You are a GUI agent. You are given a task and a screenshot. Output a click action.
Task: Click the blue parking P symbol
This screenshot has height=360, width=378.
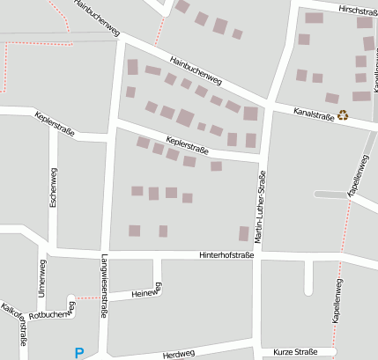(79, 353)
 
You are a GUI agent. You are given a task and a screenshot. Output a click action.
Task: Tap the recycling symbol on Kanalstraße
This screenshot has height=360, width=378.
(343, 114)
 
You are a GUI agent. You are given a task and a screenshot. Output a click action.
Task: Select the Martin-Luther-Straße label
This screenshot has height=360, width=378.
(260, 208)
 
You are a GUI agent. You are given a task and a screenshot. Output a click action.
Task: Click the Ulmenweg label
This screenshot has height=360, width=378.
(41, 278)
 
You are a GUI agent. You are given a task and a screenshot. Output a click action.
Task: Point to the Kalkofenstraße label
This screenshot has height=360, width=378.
(14, 326)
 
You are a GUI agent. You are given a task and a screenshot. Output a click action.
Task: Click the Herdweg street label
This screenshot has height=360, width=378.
(178, 355)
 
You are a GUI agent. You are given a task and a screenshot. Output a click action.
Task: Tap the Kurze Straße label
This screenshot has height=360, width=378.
(295, 352)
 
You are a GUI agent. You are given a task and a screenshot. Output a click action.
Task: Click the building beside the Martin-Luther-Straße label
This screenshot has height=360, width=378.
(244, 233)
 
